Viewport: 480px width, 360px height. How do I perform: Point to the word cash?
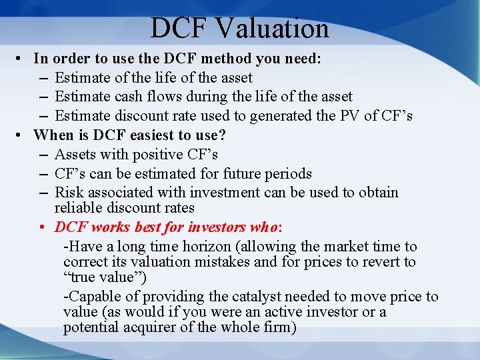(x=125, y=97)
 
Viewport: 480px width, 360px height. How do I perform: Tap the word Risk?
(x=69, y=193)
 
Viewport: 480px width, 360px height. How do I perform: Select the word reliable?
(x=80, y=208)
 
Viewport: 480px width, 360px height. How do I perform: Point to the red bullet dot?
(x=42, y=227)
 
